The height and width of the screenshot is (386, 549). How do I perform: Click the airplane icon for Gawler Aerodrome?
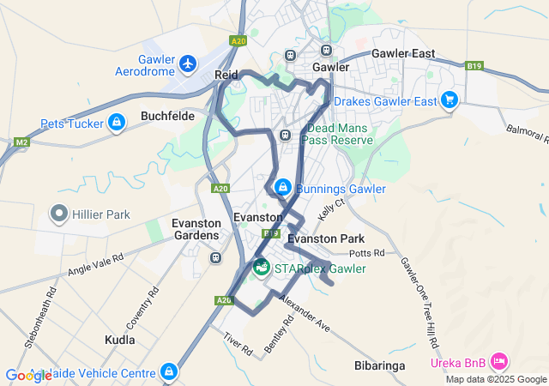(188, 63)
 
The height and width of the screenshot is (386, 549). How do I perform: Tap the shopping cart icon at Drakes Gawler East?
(449, 100)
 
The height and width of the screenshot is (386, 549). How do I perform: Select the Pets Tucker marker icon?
(116, 124)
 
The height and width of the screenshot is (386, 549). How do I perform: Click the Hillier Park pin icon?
(59, 213)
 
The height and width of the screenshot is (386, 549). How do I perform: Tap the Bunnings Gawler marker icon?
(282, 187)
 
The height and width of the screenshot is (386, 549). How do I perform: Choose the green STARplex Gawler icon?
(261, 268)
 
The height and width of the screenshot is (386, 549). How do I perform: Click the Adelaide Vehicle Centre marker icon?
(169, 372)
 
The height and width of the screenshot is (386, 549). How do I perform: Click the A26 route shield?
(224, 300)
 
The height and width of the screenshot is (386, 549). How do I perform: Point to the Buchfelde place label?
(168, 116)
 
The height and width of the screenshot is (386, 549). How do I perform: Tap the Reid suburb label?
(226, 75)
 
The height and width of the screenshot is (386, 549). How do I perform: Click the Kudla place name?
(120, 340)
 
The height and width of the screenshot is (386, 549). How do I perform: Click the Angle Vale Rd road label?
(96, 265)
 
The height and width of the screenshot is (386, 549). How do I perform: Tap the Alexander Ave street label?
(306, 315)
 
